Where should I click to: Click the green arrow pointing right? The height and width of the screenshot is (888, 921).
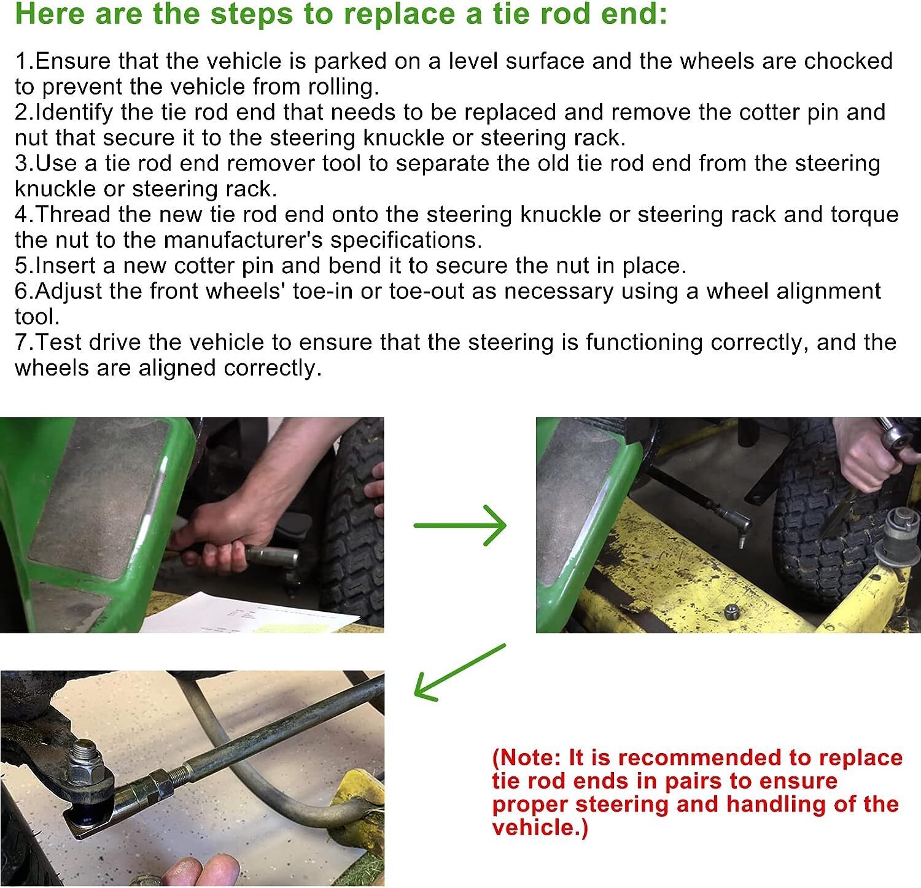click(x=460, y=525)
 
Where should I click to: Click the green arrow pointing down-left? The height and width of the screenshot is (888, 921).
click(x=459, y=672)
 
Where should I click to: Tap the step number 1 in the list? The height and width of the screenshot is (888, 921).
click(x=21, y=61)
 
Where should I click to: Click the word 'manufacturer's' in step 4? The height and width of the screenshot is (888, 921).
click(x=243, y=240)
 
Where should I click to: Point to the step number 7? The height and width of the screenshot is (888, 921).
click(x=23, y=342)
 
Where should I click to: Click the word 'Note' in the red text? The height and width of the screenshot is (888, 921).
click(x=530, y=758)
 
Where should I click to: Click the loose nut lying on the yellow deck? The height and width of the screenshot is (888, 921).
click(x=731, y=611)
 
